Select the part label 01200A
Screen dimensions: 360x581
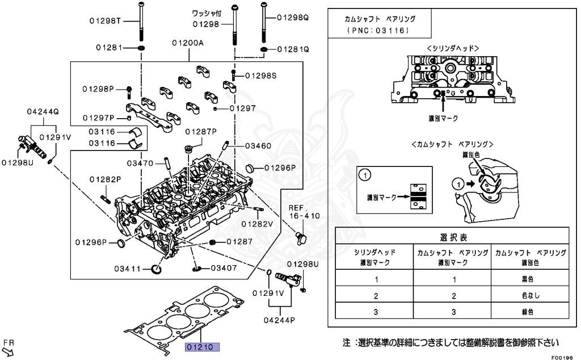[188, 43]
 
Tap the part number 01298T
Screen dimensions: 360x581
[105, 21]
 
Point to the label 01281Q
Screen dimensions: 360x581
[293, 49]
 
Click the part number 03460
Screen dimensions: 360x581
[258, 146]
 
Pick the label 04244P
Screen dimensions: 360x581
[279, 320]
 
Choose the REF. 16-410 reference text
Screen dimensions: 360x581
[304, 212]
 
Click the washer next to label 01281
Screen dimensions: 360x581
[140, 48]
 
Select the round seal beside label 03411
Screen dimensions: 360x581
[156, 267]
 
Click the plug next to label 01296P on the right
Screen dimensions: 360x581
[250, 168]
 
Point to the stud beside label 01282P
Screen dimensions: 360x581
[106, 198]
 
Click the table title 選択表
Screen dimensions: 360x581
[452, 237]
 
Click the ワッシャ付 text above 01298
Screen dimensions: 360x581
[206, 12]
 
